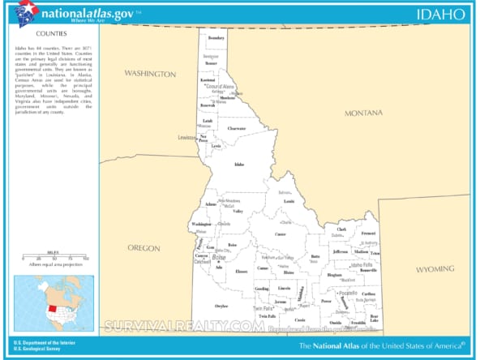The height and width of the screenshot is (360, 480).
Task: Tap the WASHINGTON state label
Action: point(149,74)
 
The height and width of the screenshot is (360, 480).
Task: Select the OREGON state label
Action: point(144,247)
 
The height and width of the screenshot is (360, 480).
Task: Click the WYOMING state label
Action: point(436,268)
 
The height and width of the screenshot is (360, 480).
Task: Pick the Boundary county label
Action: point(216,38)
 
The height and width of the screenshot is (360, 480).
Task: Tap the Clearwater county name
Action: point(236,128)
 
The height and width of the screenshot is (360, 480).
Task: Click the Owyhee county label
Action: point(221,306)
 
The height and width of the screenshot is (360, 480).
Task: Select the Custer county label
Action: point(281,234)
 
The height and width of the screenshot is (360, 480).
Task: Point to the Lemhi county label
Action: point(289,200)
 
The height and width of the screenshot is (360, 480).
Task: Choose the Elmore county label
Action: point(241,271)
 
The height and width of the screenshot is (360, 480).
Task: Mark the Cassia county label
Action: point(300,319)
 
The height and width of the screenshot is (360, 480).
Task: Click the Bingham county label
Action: point(334,275)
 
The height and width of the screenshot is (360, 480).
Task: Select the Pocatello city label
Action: point(349,291)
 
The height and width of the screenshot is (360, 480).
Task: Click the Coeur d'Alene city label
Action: point(218,87)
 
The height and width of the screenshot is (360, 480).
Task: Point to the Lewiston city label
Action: point(187,137)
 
